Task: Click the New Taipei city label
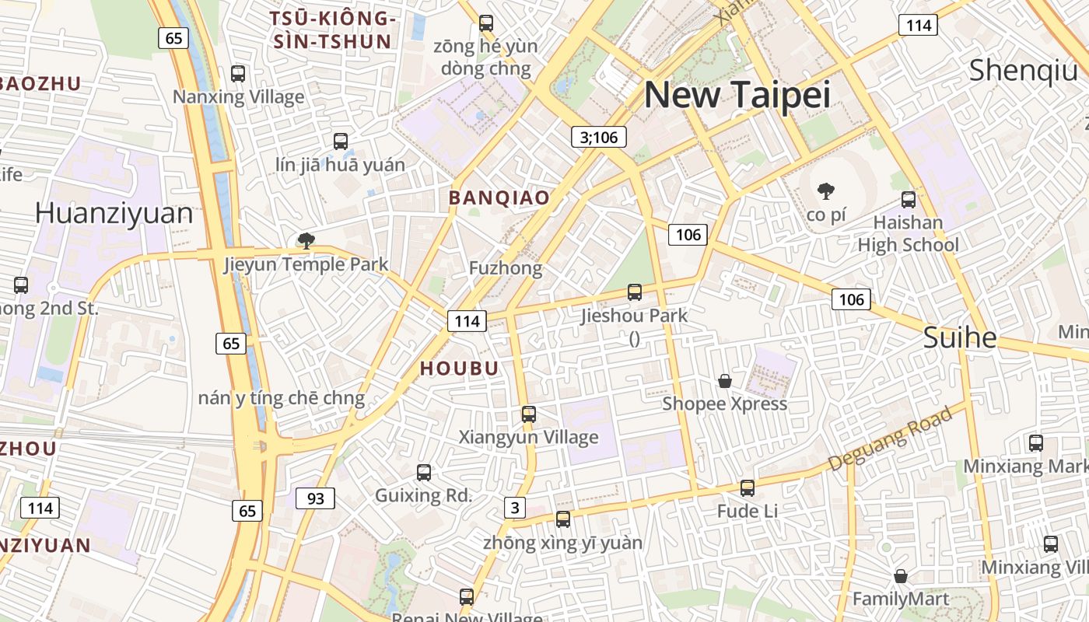pyautogui.click(x=737, y=95)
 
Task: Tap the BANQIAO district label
pyautogui.click(x=499, y=198)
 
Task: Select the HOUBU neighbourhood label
pyautogui.click(x=459, y=369)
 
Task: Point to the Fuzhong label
pyautogui.click(x=506, y=268)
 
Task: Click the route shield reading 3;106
pyautogui.click(x=599, y=138)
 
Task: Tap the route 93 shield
pyautogui.click(x=315, y=498)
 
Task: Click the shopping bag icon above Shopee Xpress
pyautogui.click(x=725, y=380)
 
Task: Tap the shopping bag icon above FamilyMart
pyautogui.click(x=901, y=576)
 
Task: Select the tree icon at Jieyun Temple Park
pyautogui.click(x=306, y=240)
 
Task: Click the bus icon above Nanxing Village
pyautogui.click(x=238, y=74)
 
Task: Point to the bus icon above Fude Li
pyautogui.click(x=748, y=487)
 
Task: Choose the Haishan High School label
pyautogui.click(x=908, y=234)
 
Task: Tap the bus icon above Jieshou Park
pyautogui.click(x=635, y=292)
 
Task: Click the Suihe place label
pyautogui.click(x=960, y=337)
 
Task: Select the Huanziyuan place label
pyautogui.click(x=114, y=213)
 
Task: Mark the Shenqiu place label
pyautogui.click(x=1023, y=71)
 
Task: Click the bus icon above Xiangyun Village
pyautogui.click(x=529, y=414)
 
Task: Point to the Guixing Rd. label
pyautogui.click(x=423, y=495)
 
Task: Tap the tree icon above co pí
pyautogui.click(x=826, y=190)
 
